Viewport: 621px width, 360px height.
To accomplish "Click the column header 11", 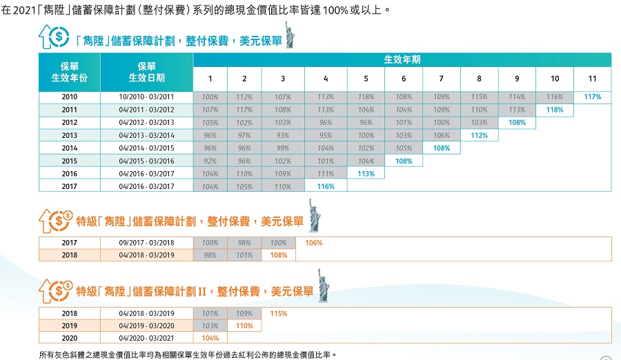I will (592, 78).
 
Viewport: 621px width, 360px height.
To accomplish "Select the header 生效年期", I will (402, 59).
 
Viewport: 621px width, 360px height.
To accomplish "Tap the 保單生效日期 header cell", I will (146, 72).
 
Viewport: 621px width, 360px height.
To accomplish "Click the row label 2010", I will (69, 97).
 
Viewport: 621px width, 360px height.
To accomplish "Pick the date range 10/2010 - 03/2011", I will (146, 97).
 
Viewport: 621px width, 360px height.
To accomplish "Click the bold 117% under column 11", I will (592, 97).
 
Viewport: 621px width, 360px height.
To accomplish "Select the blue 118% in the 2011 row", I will (554, 110).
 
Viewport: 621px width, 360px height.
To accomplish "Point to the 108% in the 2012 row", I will (517, 123).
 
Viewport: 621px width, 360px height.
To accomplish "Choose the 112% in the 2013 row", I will (480, 135).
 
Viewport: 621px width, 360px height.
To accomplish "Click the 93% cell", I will (283, 135).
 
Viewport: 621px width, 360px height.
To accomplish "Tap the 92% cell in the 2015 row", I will (210, 161).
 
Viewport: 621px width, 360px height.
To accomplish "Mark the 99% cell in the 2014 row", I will (283, 148).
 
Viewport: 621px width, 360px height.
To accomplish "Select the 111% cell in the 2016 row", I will (326, 174).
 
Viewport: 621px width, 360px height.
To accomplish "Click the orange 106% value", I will (313, 243).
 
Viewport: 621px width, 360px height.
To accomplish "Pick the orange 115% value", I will (279, 313).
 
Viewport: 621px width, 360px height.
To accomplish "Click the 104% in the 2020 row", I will (210, 338).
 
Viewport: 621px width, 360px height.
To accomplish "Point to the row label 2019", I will (69, 326).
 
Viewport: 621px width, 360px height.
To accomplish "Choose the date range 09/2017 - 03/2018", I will (146, 243).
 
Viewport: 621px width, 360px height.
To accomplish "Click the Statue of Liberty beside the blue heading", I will (290, 35).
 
